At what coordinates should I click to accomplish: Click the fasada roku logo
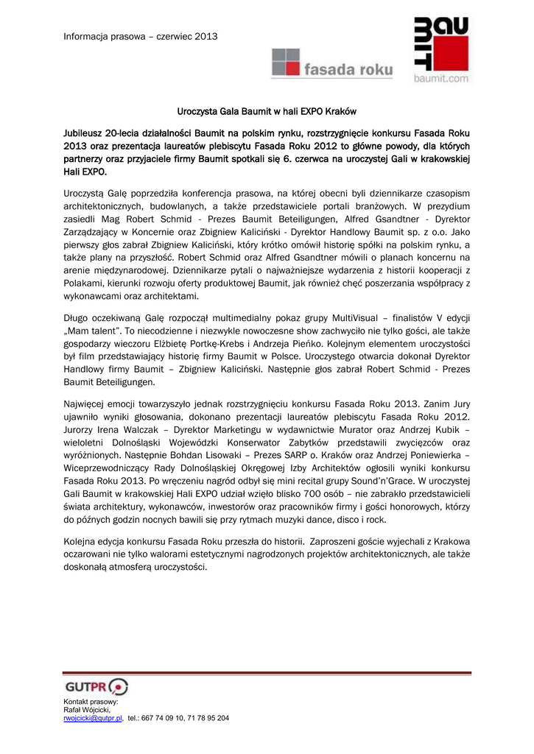[x=332, y=63]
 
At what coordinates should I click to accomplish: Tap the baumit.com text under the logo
[x=440, y=77]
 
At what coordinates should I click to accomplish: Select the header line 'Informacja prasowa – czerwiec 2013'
[x=140, y=36]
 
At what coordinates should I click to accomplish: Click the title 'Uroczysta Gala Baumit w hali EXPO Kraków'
[x=267, y=112]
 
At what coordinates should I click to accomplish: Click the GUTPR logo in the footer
[x=96, y=688]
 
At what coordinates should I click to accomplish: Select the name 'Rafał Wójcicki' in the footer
[x=87, y=710]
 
